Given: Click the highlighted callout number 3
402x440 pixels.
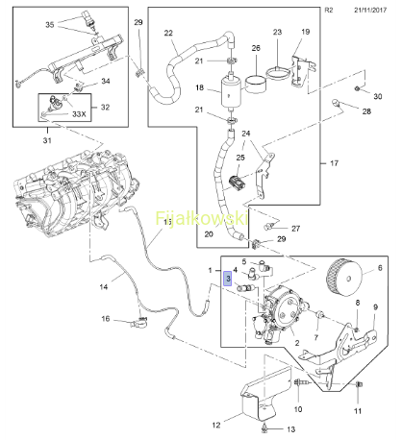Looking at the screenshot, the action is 228,279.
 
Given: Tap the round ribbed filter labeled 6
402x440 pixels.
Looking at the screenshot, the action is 344,277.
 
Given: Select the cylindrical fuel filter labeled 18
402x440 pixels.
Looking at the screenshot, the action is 230,92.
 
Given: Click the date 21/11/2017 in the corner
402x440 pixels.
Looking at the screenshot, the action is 370,10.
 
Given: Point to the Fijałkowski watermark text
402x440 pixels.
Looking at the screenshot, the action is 202,218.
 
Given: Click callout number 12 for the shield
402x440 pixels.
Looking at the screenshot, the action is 216,425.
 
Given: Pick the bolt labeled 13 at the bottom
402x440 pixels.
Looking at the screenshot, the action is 264,428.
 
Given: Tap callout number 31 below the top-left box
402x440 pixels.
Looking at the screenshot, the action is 47,140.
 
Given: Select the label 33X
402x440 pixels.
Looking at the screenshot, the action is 79,114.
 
